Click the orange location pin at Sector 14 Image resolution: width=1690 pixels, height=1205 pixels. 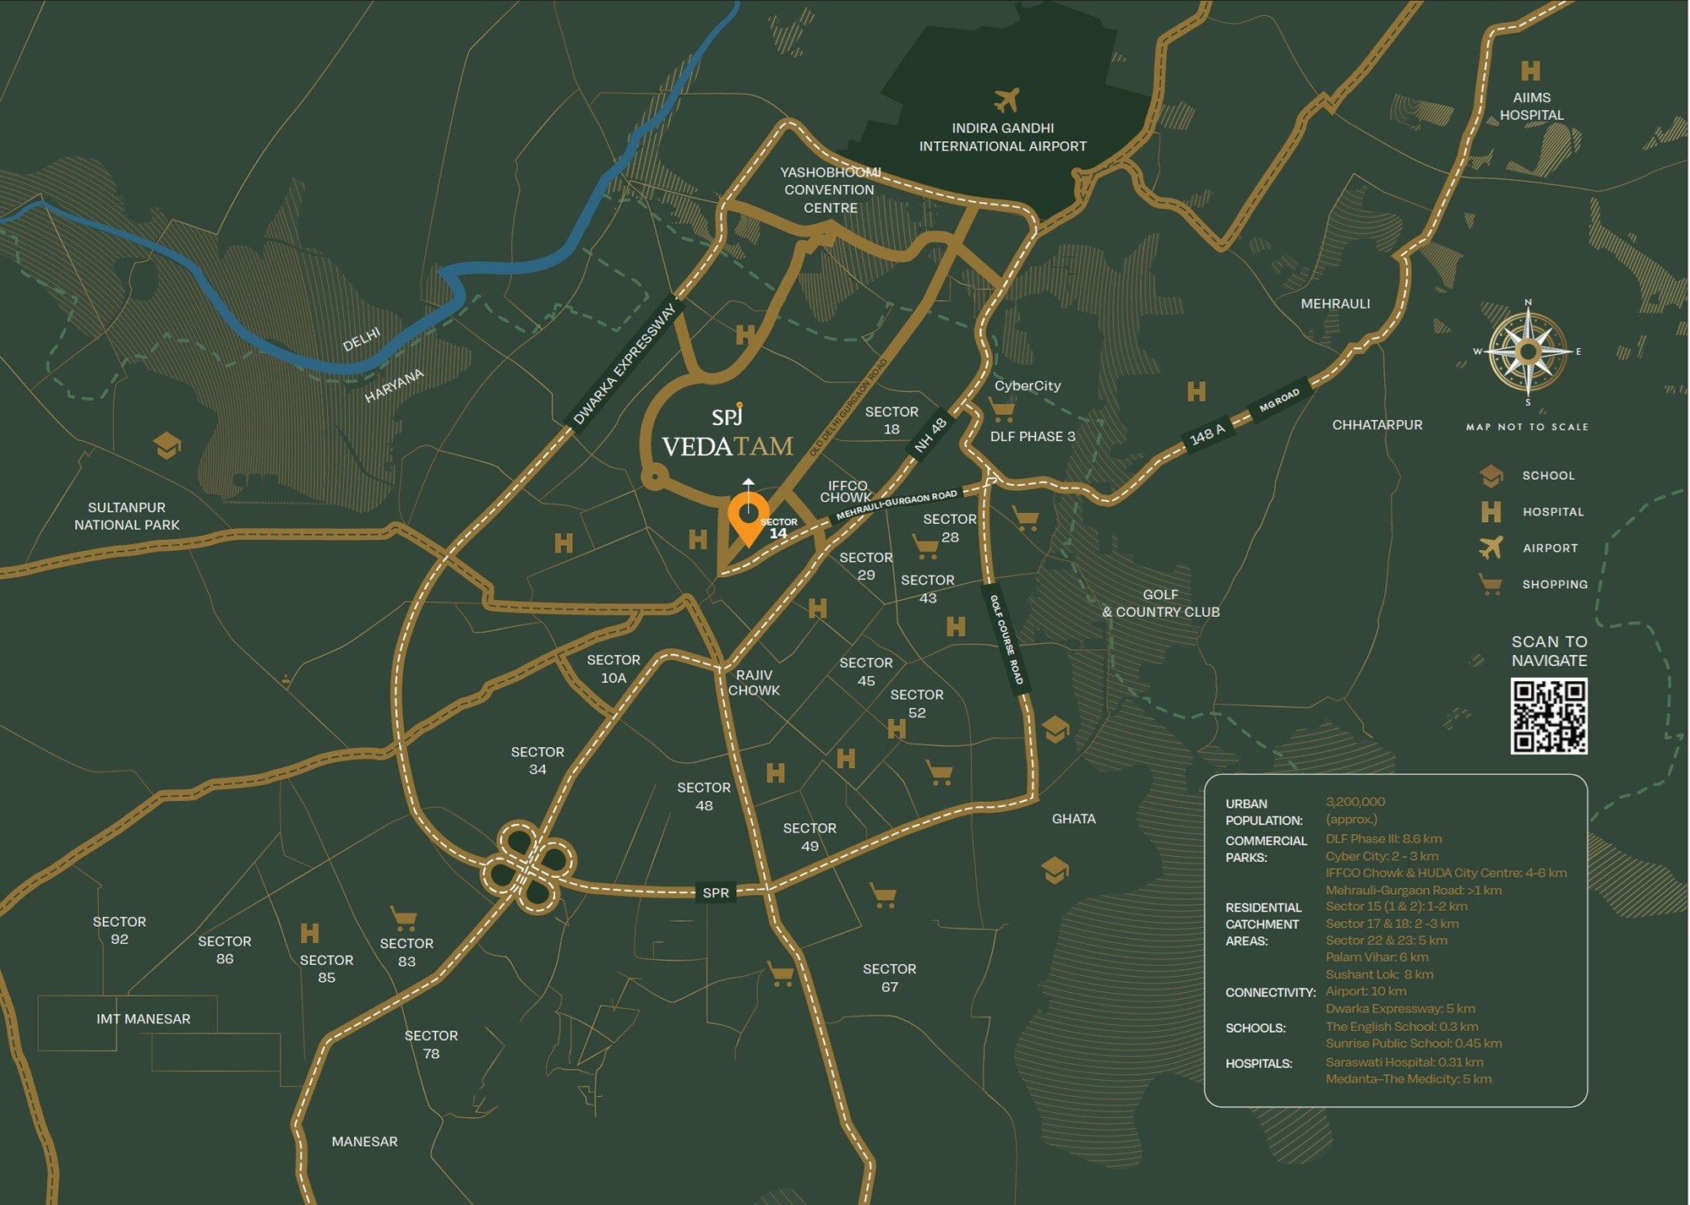point(749,516)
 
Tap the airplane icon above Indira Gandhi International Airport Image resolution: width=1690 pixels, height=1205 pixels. point(1006,101)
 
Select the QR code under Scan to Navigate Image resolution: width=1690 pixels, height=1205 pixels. point(1548,716)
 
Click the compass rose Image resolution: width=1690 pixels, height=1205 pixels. point(1528,352)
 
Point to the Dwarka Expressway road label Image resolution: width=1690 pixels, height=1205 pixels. point(625,364)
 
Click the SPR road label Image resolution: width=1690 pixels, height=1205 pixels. point(716,892)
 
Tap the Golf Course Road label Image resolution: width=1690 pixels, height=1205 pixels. point(1006,639)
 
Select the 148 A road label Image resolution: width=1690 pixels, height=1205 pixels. point(1207,435)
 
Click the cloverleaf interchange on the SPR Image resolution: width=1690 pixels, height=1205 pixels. point(529,867)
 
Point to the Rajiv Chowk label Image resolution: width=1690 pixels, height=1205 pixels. point(754,683)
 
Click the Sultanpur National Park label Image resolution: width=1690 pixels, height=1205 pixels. point(127,515)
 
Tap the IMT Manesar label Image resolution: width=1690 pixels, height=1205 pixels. point(144,1019)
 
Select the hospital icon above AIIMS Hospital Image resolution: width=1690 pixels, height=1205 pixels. point(1530,70)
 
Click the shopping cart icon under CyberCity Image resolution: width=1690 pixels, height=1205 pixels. point(1002,411)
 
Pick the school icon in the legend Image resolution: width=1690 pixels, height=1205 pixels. point(1491,476)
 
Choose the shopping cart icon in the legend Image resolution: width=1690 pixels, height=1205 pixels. point(1491,584)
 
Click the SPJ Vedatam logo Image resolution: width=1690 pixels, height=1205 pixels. point(727,433)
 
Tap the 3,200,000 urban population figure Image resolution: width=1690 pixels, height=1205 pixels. point(1355,802)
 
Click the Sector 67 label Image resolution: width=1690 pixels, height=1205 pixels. point(889,978)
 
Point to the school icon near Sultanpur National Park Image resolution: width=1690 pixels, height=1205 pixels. point(167,445)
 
